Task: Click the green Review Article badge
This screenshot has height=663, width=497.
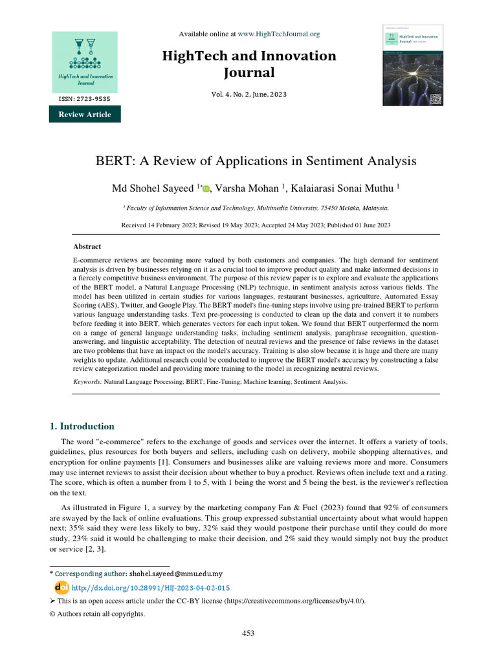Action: click(85, 115)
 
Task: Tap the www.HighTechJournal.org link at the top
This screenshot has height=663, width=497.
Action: click(278, 34)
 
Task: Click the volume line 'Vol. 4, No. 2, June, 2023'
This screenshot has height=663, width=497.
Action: click(248, 95)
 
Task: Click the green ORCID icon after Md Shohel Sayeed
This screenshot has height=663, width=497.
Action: click(206, 188)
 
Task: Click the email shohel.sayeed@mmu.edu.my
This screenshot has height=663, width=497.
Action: click(176, 574)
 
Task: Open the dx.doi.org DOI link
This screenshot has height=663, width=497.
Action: click(151, 587)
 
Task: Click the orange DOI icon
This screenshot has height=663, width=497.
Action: click(61, 587)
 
